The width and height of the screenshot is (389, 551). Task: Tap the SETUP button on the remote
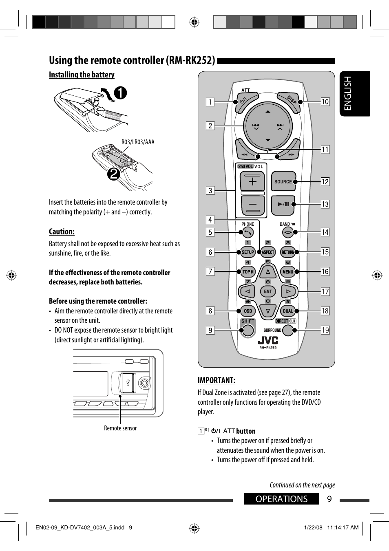click(x=248, y=252)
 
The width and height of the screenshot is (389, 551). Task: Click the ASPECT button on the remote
click(x=268, y=252)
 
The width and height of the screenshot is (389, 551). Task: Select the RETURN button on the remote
click(x=287, y=252)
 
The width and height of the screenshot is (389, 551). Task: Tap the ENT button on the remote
click(x=268, y=291)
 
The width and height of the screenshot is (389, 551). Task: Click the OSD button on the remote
click(x=248, y=311)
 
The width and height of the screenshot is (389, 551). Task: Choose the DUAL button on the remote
click(x=287, y=311)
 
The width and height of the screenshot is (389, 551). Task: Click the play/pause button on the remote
click(x=283, y=204)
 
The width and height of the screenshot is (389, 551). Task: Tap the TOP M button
click(x=248, y=272)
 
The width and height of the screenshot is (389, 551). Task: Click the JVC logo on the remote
click(x=268, y=340)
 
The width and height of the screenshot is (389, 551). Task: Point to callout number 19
click(x=325, y=330)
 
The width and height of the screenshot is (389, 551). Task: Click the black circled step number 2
click(x=114, y=174)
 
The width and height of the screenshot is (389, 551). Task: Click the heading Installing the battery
click(x=82, y=75)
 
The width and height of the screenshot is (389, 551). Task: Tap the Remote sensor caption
click(x=120, y=428)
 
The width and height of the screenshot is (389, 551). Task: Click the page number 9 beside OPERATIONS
click(x=329, y=499)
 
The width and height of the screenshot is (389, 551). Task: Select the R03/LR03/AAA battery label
click(x=138, y=142)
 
